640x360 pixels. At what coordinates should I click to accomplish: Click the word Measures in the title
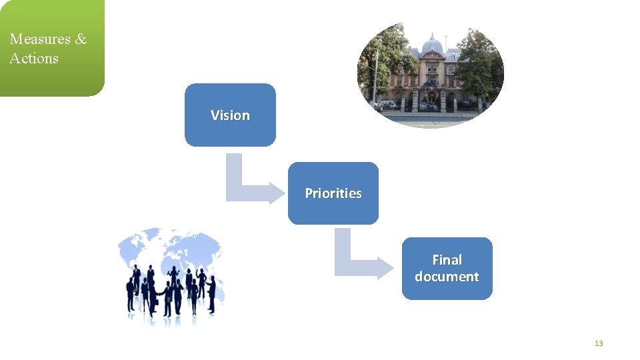[x=39, y=39]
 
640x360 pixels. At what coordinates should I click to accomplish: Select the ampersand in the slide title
[x=81, y=39]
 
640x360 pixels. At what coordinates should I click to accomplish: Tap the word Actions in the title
[x=34, y=59]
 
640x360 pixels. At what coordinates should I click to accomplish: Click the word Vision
[x=230, y=115]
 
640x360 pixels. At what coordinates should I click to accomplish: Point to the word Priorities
[x=333, y=193]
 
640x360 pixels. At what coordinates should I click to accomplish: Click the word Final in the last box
[x=447, y=260]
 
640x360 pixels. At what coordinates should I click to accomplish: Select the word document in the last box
[x=447, y=277]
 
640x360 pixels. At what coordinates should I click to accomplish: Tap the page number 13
[x=598, y=343]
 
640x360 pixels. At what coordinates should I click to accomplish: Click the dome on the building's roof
[x=433, y=45]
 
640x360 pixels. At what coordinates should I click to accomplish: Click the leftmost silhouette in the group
[x=131, y=293]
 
